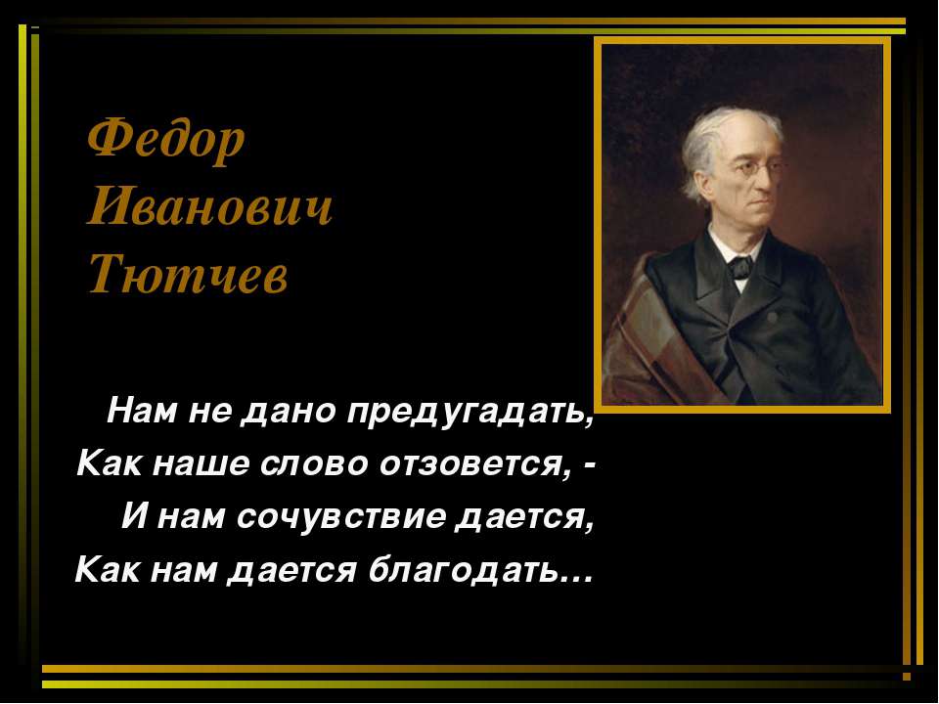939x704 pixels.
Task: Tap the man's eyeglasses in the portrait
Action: click(x=753, y=168)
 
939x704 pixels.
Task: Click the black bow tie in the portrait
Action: click(x=739, y=265)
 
